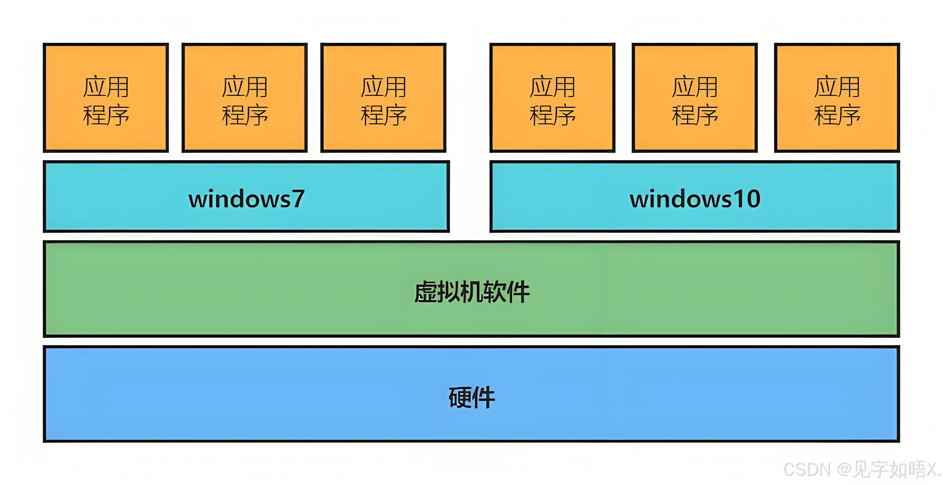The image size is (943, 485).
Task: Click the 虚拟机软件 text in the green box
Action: click(x=471, y=292)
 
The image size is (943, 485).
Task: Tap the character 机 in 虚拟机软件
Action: click(x=471, y=292)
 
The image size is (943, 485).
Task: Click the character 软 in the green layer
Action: click(x=495, y=292)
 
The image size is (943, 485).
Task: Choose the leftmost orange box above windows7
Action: click(x=106, y=98)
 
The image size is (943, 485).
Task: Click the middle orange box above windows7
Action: click(x=245, y=98)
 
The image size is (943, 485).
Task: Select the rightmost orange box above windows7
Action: click(x=383, y=98)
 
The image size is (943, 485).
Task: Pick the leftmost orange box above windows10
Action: click(x=552, y=98)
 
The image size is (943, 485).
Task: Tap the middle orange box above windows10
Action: click(x=694, y=98)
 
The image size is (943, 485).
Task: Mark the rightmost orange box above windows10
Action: click(x=837, y=98)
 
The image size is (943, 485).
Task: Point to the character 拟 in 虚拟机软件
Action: click(x=448, y=292)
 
